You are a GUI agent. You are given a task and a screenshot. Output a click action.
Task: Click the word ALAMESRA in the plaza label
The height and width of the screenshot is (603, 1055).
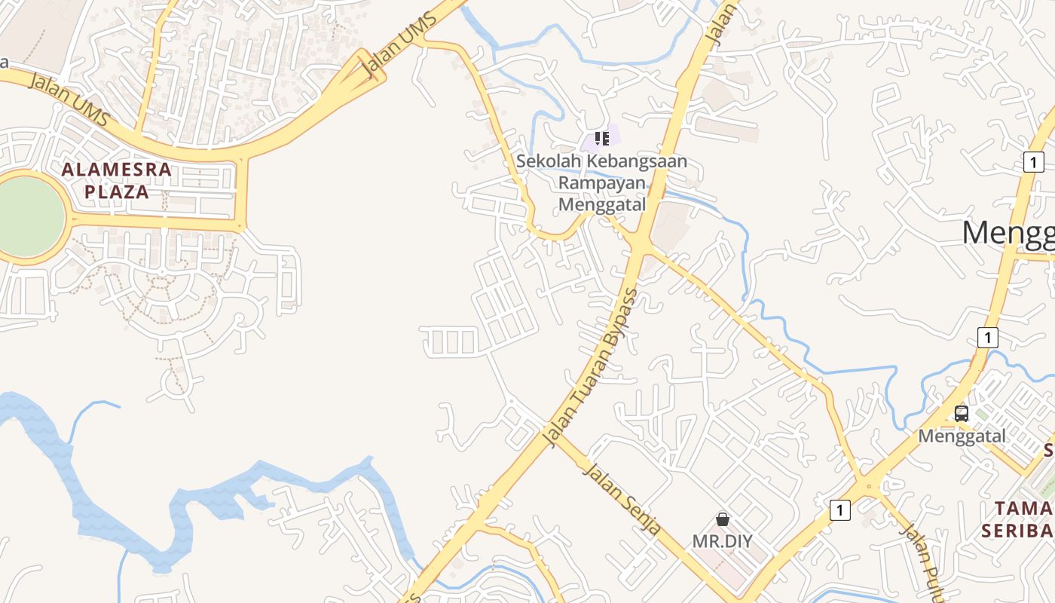click(x=117, y=170)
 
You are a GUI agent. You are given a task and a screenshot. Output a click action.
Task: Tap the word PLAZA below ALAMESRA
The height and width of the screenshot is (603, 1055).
click(x=117, y=191)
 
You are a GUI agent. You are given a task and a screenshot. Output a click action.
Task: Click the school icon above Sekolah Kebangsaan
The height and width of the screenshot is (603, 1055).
click(x=601, y=139)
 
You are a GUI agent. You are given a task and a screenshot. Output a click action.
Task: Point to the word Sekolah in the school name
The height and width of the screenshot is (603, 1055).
click(x=548, y=162)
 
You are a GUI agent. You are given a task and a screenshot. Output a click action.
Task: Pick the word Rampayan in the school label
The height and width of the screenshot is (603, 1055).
click(x=601, y=183)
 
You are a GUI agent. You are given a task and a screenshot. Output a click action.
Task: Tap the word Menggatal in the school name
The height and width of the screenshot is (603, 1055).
click(x=601, y=204)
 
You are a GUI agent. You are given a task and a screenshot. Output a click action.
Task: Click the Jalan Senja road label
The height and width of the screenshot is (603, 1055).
click(x=622, y=498)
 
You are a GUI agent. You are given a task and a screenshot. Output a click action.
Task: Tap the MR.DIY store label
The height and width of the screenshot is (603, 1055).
click(x=722, y=540)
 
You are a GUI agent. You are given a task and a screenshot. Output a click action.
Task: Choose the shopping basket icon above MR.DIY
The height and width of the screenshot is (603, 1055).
click(x=722, y=519)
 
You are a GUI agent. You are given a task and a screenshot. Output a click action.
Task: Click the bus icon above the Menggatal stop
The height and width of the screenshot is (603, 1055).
click(x=961, y=413)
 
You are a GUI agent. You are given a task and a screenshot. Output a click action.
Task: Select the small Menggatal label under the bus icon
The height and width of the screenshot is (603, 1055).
click(x=961, y=436)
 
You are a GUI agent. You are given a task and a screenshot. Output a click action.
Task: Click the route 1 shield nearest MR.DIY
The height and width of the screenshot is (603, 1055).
click(x=839, y=510)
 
